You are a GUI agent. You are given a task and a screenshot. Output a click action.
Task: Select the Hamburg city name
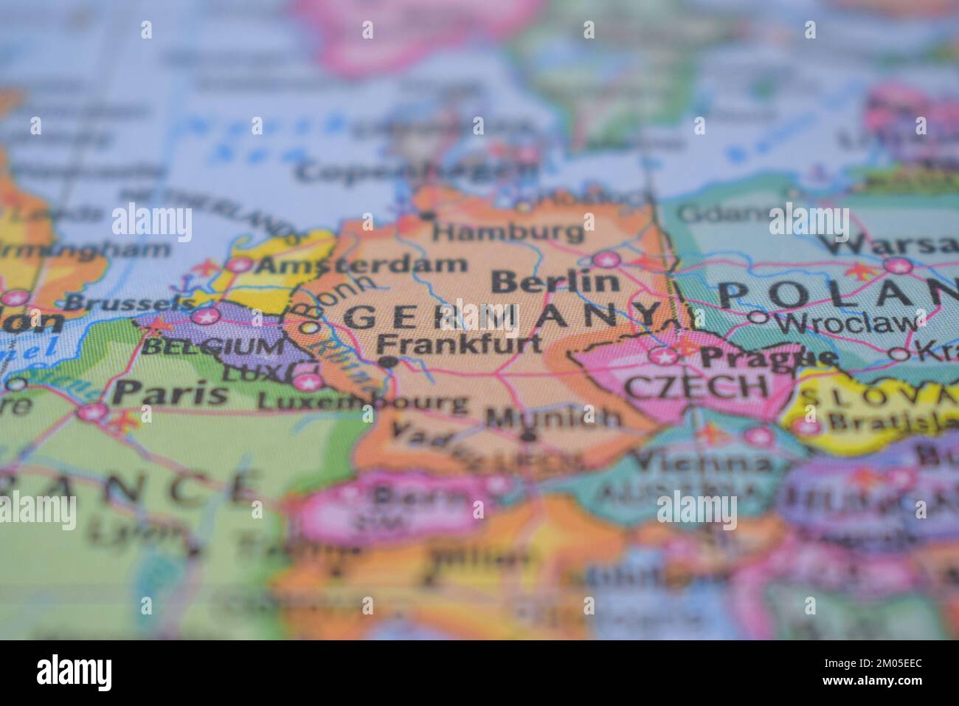point(508,232)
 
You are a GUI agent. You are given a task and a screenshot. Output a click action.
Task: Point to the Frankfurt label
point(459,343)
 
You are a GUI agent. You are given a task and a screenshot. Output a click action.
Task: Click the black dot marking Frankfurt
point(387,362)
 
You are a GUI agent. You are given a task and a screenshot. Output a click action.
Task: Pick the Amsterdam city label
point(364,264)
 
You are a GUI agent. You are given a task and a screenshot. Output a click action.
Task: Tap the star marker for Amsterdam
point(238,265)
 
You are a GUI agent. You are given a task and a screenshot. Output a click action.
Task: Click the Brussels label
point(130,303)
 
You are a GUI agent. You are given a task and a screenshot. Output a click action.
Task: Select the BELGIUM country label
point(213,346)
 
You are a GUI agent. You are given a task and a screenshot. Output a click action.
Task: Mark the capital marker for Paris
point(92,413)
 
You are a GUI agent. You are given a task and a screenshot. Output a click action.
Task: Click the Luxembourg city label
point(362,402)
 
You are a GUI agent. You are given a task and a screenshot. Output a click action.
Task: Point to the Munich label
point(553,417)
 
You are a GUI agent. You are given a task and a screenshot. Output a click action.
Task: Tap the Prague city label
point(768,357)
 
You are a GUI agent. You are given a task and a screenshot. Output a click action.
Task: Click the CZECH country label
point(696,385)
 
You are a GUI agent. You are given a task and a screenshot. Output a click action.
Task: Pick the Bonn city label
point(347,295)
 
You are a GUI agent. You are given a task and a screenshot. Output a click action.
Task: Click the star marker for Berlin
point(606,259)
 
